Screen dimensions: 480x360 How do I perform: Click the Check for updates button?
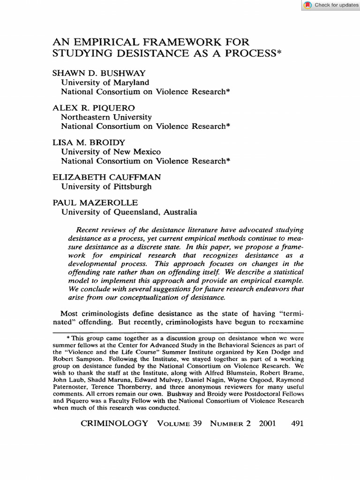click(x=331, y=5)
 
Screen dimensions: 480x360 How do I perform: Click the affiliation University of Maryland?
click(x=105, y=82)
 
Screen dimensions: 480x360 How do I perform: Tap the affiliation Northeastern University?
click(x=106, y=117)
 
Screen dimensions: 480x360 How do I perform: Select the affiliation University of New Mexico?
click(x=111, y=152)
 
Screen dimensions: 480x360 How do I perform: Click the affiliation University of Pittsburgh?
click(x=106, y=187)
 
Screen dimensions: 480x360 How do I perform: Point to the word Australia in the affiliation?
click(x=180, y=212)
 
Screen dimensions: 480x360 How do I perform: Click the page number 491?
click(x=297, y=423)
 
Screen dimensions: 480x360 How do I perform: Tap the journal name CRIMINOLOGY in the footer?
click(x=114, y=423)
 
